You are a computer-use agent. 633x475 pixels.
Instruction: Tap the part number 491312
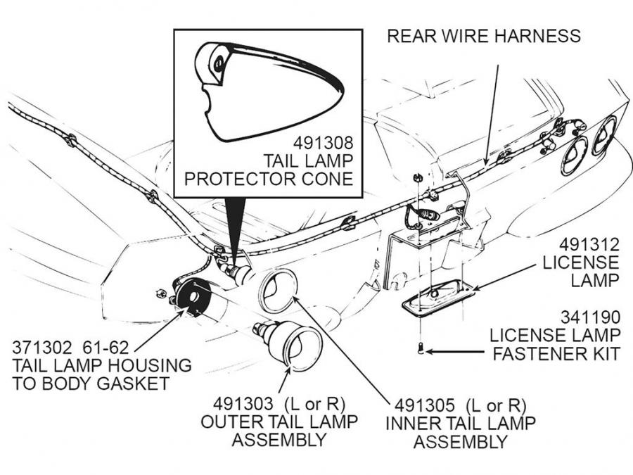pos(589,244)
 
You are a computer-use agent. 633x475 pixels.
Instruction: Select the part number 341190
pos(590,316)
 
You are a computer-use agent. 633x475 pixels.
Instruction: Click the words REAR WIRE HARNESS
pos(484,35)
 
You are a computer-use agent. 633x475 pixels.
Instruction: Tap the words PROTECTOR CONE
pos(268,179)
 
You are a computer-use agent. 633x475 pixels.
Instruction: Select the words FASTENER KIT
pos(556,353)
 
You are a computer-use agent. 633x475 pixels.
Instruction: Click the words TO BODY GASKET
pos(91,384)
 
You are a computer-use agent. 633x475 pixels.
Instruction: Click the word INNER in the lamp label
pos(414,424)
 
